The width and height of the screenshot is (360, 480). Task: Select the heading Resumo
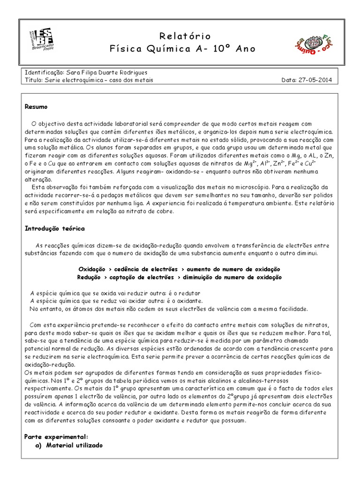click(36, 107)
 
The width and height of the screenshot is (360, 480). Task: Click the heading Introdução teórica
click(54, 228)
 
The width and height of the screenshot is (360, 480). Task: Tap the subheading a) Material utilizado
click(68, 445)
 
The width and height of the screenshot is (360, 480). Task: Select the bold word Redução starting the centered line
click(90, 277)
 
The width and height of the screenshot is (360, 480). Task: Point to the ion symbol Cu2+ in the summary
click(309, 164)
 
